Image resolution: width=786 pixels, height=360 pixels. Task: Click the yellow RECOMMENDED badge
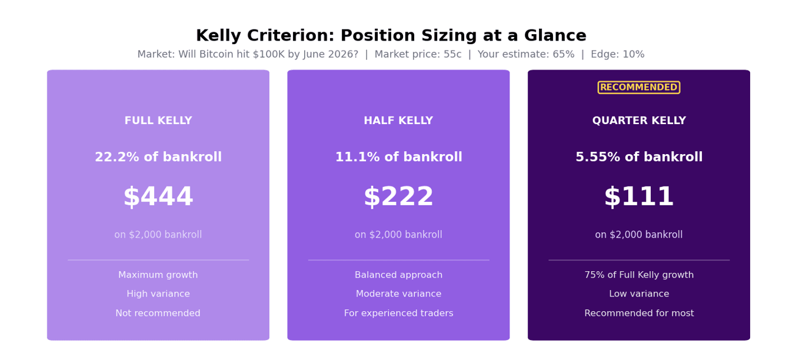639,88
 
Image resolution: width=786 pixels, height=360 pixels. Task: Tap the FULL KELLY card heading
158,121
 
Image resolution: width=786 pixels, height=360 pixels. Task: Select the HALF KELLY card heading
398,121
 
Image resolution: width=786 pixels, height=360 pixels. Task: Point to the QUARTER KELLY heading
639,121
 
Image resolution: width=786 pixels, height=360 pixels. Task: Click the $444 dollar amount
158,196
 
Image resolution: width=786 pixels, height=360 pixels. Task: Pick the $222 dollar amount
399,196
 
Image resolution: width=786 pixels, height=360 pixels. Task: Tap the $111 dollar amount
639,196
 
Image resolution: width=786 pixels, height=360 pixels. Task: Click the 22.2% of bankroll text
158,157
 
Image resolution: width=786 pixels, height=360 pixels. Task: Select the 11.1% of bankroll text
399,157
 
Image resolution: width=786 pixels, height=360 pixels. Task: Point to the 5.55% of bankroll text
639,157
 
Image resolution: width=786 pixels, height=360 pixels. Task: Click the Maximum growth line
158,275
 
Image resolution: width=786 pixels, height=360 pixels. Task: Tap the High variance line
158,294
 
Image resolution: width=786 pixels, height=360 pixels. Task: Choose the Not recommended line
158,313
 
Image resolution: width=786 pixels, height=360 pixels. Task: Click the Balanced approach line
399,275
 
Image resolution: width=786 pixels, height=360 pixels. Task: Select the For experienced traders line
399,313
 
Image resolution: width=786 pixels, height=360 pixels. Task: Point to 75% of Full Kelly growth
639,275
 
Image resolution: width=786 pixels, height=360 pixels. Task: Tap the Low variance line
639,294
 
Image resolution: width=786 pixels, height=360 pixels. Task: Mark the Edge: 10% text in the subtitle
618,54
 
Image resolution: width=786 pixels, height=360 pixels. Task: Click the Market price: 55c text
418,54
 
